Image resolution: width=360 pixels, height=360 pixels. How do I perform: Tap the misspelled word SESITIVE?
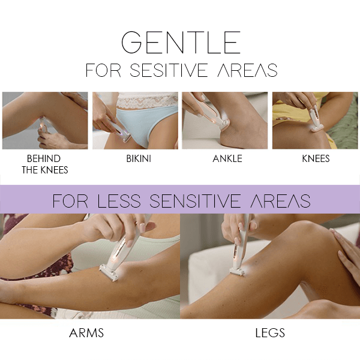(x=170, y=70)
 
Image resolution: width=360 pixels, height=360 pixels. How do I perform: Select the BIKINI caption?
(x=135, y=159)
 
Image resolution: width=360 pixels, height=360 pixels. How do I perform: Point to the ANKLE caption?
(x=227, y=159)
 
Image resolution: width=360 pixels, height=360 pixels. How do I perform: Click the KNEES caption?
(x=316, y=159)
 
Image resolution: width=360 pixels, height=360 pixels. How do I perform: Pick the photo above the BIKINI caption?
(x=135, y=121)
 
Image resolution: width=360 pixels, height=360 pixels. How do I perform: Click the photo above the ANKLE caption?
(x=225, y=121)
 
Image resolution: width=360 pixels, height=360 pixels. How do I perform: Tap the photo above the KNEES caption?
(x=315, y=121)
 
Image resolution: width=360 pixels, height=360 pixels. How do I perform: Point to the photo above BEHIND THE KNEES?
(x=45, y=121)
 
